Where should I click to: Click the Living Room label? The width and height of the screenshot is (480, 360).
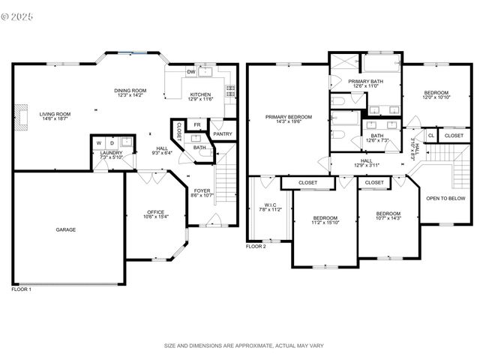[x=55, y=114]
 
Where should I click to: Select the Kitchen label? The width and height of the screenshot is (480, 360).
[x=200, y=94]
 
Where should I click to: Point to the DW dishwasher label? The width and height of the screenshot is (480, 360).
[x=191, y=72]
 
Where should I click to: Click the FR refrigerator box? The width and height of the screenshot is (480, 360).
[x=197, y=124]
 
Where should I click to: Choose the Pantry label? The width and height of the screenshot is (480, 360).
[x=223, y=134]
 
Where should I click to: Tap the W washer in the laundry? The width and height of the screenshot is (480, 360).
[x=98, y=142]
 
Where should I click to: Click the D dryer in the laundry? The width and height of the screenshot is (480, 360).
[x=112, y=142]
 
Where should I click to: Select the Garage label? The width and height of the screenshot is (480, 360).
[x=65, y=229]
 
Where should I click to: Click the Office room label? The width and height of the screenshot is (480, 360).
[x=155, y=212]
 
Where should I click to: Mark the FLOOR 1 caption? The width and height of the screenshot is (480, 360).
[x=21, y=289]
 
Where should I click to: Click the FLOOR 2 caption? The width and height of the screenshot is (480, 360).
[x=256, y=247]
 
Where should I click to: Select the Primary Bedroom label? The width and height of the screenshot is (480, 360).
[x=288, y=116]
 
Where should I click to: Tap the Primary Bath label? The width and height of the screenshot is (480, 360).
[x=364, y=81]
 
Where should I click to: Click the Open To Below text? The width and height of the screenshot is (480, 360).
[x=444, y=199]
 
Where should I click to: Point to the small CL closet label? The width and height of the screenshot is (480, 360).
[x=430, y=136]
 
